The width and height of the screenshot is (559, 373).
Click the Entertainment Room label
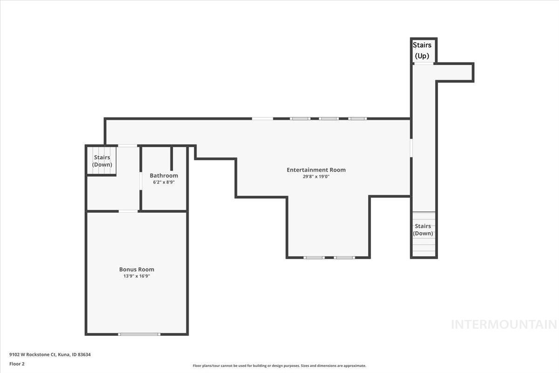coord(316,170)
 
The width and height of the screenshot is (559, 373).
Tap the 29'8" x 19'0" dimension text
coord(316,177)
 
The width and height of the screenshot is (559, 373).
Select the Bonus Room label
coord(136,269)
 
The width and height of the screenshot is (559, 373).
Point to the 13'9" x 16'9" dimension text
coord(136,276)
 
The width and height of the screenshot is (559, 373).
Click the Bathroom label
coord(164,175)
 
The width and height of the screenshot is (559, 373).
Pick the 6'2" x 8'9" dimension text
coord(164,182)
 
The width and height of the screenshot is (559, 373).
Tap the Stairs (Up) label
coord(423,50)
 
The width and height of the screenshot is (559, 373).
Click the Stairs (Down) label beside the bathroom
coord(102,161)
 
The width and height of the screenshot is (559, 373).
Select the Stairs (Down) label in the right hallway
coord(423,229)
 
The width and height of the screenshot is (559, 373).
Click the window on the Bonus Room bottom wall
coord(139,334)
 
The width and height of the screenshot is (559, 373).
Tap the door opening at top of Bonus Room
coord(128,211)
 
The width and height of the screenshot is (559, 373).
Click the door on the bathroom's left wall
coord(141,181)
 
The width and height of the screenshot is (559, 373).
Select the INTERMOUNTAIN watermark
coord(504,325)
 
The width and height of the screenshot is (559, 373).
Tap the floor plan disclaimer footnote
coord(279,366)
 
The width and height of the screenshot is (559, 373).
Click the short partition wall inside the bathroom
coord(171,159)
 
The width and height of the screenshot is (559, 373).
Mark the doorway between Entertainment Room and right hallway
coord(411,147)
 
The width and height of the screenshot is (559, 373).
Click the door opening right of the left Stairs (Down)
coord(127,146)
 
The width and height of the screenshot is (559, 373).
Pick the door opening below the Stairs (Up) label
coord(423,63)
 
